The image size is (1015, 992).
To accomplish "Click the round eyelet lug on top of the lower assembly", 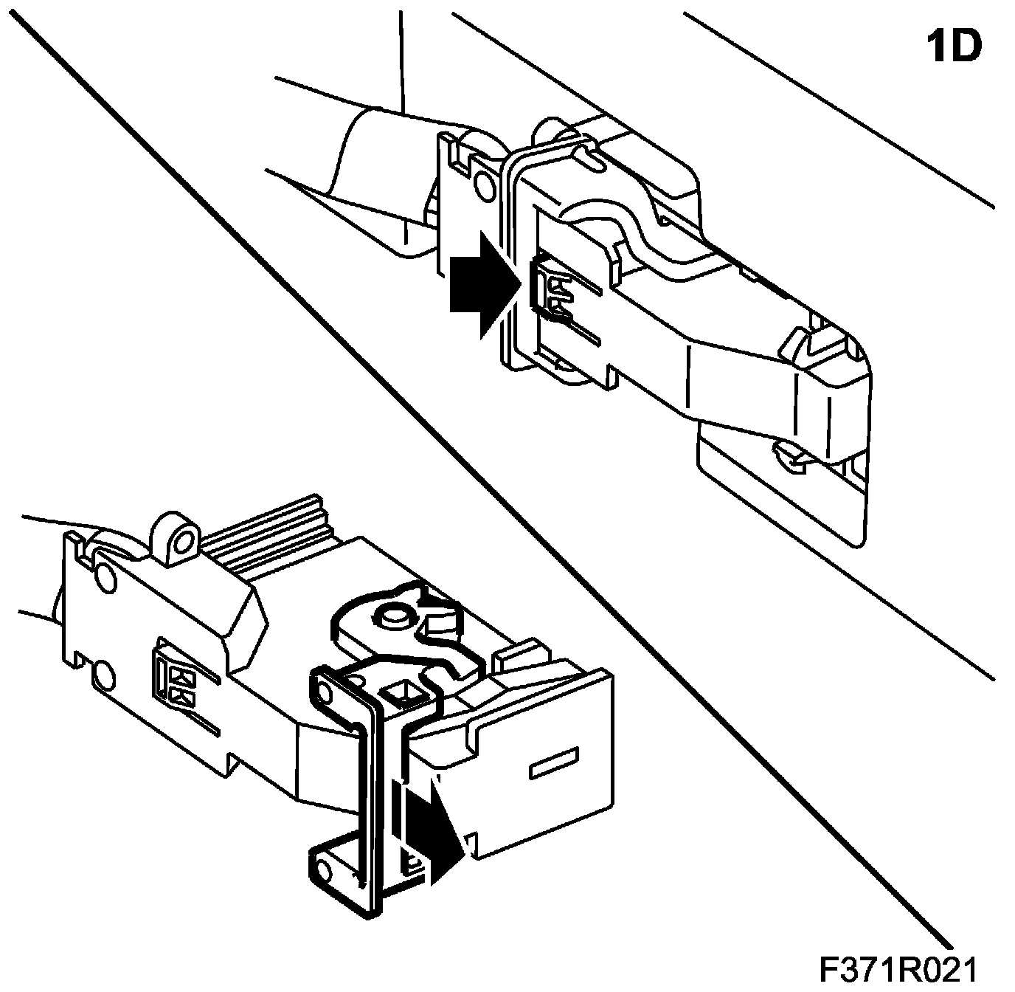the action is tap(180, 538).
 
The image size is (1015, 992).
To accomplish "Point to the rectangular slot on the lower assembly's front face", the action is tap(553, 763).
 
